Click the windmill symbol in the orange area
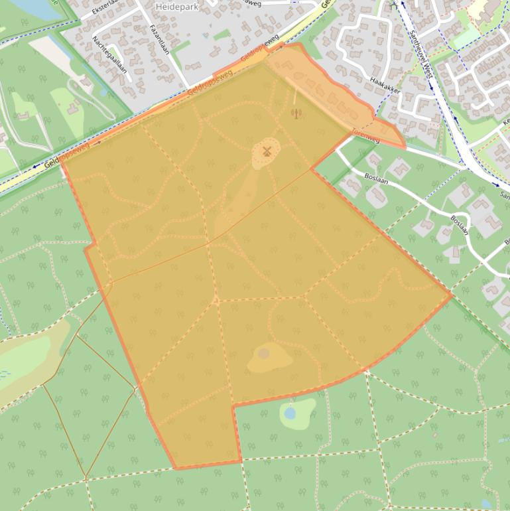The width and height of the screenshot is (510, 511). point(267,152)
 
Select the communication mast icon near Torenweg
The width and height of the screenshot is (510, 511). point(296,113)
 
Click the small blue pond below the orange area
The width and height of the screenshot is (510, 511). point(290,413)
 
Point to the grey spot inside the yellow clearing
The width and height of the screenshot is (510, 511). point(264,353)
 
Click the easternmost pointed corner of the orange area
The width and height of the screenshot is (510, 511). point(451,293)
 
